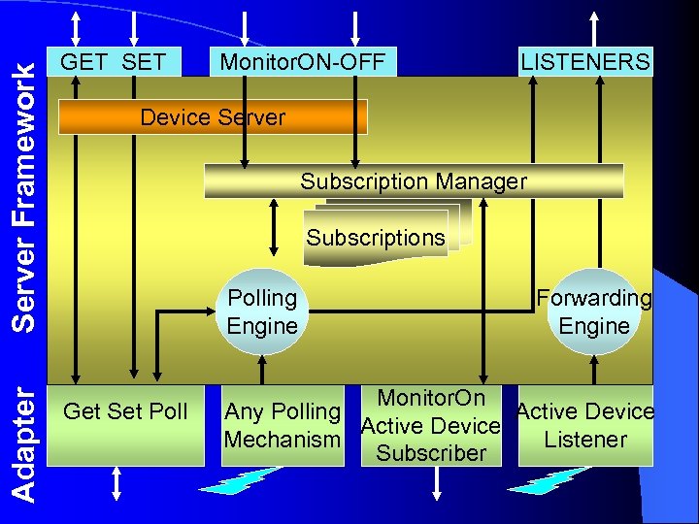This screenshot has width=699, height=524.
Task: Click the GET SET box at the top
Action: [113, 62]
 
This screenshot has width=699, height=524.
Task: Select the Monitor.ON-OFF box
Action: [303, 62]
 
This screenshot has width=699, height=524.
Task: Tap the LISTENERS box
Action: [585, 62]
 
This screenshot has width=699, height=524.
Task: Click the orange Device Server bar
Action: [213, 118]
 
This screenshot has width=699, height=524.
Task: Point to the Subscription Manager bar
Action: [414, 181]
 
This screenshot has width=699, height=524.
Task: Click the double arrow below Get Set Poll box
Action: [117, 484]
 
